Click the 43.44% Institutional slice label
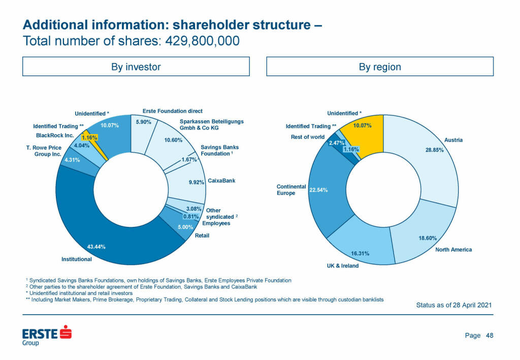[x=96, y=247]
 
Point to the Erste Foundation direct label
[x=173, y=111]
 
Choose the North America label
[x=453, y=249]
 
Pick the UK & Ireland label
[x=343, y=266]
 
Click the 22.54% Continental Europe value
[x=318, y=190]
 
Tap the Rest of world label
[x=307, y=137]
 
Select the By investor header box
[x=136, y=67]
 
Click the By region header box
[x=380, y=67]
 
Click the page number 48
[x=490, y=335]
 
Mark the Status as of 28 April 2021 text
[x=453, y=305]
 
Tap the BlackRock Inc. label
[x=55, y=136]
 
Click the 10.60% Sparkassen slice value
[x=174, y=141]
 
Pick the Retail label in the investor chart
[x=202, y=236]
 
